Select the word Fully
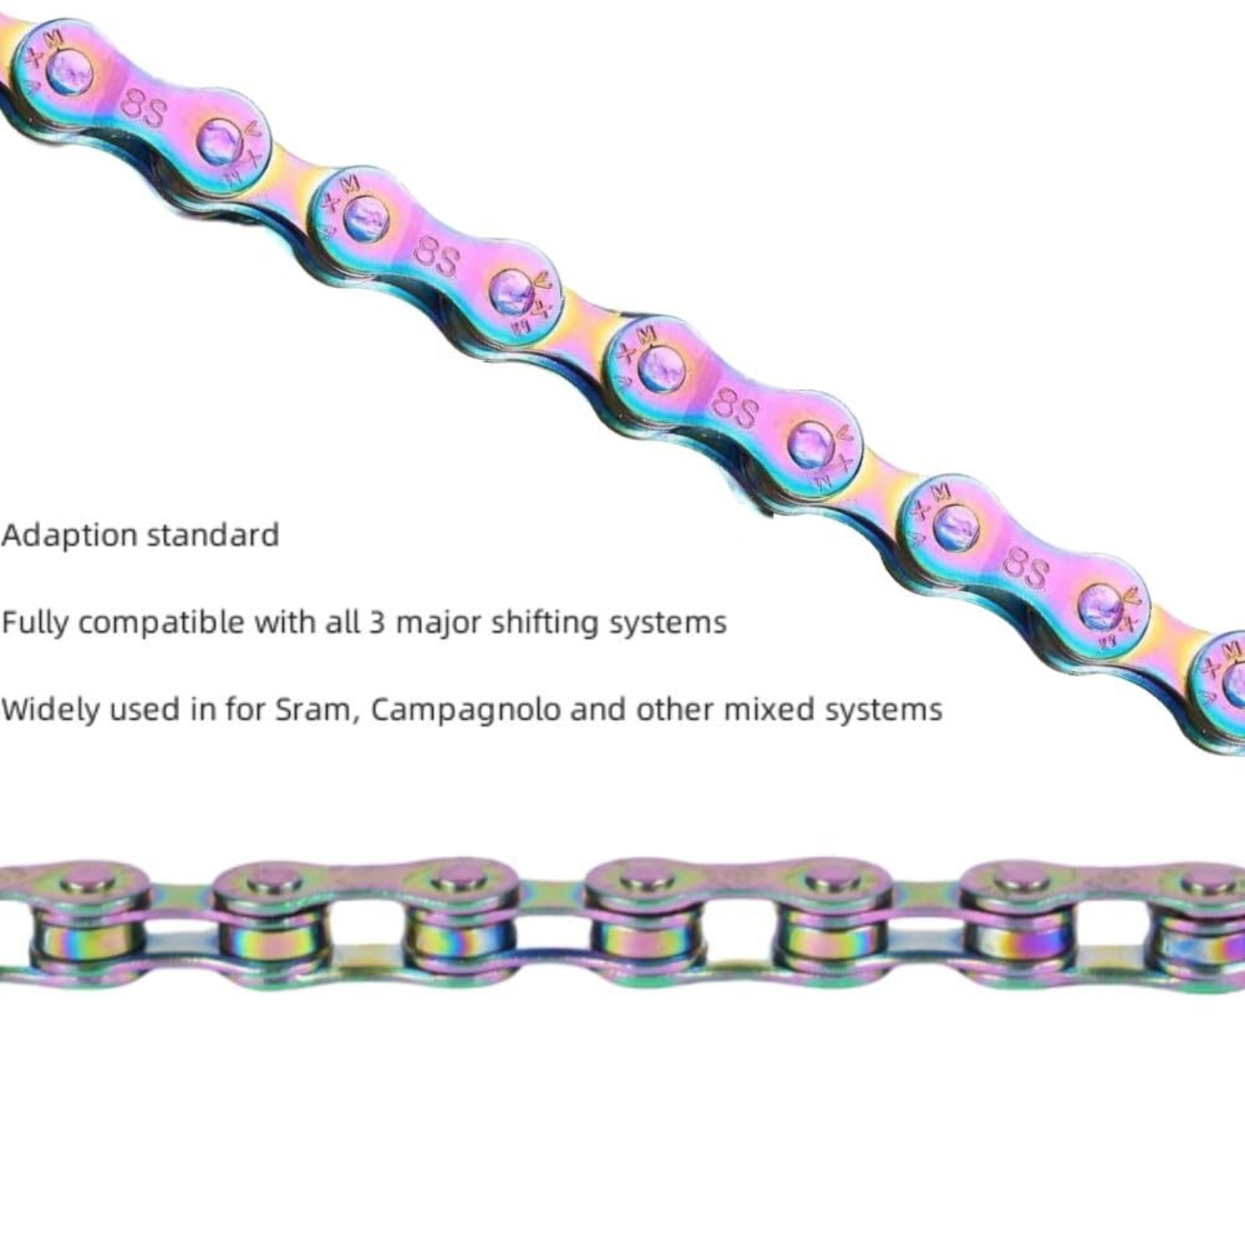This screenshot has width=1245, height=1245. click(35, 622)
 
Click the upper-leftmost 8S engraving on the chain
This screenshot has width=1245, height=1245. click(143, 108)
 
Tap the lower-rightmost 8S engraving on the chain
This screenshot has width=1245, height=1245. click(1025, 568)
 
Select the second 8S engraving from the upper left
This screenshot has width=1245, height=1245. click(436, 258)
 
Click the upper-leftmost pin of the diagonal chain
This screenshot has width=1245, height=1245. click(68, 70)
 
